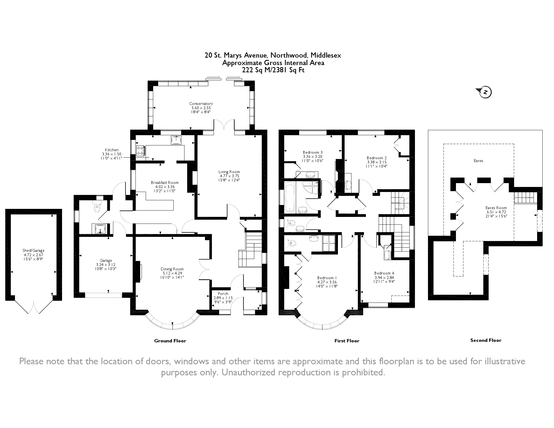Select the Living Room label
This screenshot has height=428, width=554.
pos(229,172)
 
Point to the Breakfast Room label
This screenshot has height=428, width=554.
pos(165,183)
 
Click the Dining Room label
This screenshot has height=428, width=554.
pos(172,269)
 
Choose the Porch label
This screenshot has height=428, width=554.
pos(223,294)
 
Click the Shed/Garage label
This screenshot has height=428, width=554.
pos(33,250)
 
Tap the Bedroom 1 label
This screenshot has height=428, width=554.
pos(327,278)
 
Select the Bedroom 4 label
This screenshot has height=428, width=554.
pos(384,273)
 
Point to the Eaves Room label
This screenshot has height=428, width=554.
pos(496,208)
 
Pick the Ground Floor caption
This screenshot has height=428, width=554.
pos(170,341)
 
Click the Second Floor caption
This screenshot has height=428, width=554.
pos(486,340)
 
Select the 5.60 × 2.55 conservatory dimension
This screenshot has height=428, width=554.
pos(201,108)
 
